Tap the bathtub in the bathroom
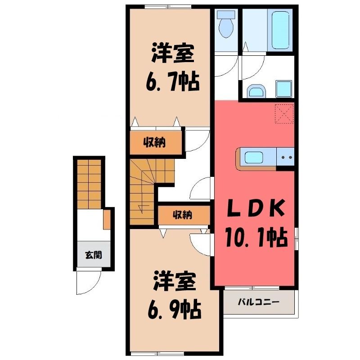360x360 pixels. (x=280, y=29)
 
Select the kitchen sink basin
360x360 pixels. (x=254, y=157)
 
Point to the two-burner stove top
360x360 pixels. (x=285, y=157)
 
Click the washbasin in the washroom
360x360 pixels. (x=256, y=91)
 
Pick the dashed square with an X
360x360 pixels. (x=284, y=114)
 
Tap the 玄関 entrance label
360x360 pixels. (x=94, y=255)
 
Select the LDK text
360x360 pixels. (x=256, y=208)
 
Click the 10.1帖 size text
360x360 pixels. (x=256, y=237)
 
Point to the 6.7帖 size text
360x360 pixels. (x=172, y=81)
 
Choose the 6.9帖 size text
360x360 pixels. (x=175, y=310)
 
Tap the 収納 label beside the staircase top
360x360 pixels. (x=154, y=143)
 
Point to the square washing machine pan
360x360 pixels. (x=283, y=89)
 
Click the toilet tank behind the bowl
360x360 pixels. (x=226, y=15)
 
